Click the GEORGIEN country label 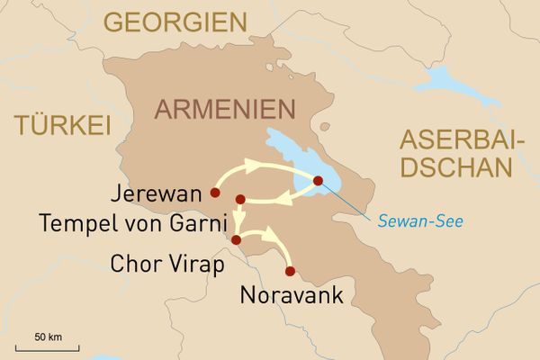tap(175, 22)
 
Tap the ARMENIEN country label tap(225, 109)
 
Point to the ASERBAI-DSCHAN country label tap(457, 153)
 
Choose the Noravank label tap(292, 294)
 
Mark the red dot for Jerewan tap(214, 192)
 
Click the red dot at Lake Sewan tap(318, 181)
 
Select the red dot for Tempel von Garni tap(239, 199)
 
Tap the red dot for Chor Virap tap(236, 240)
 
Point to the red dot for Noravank tap(289, 271)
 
